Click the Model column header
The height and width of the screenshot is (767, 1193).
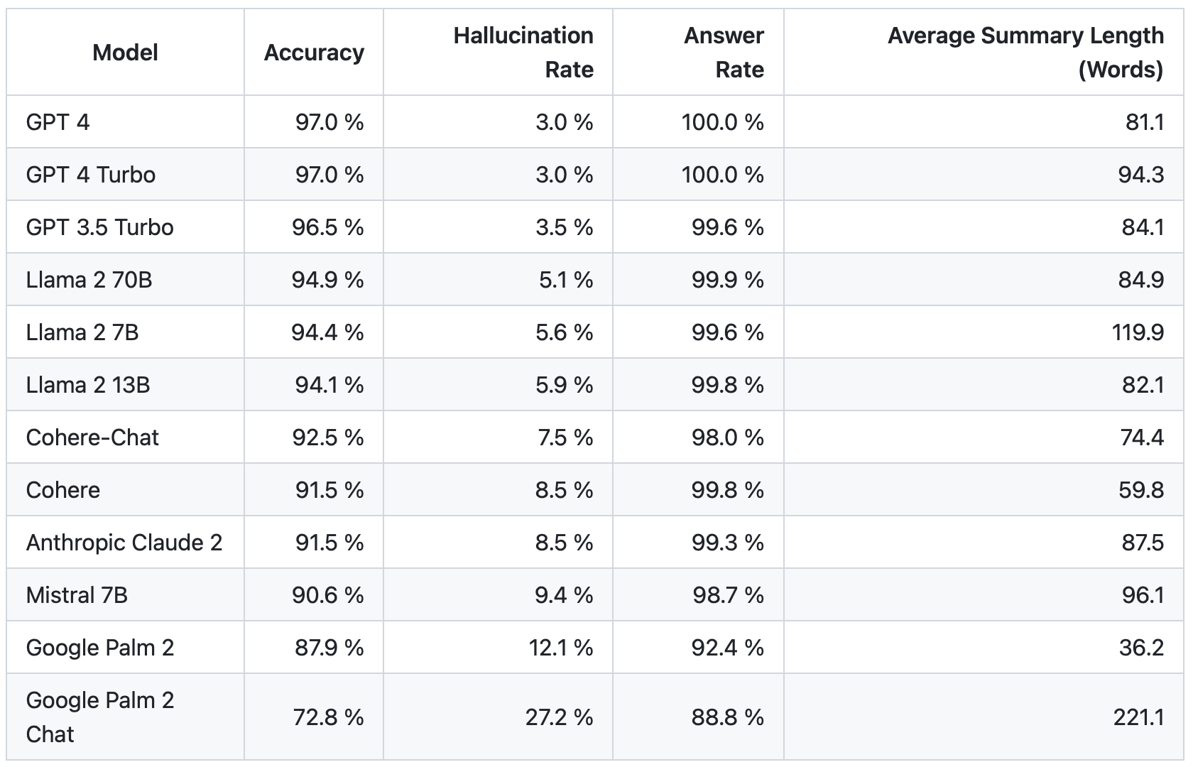pyautogui.click(x=125, y=53)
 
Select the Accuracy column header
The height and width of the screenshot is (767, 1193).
pyautogui.click(x=314, y=53)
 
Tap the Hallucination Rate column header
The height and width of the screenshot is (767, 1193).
pyautogui.click(x=523, y=53)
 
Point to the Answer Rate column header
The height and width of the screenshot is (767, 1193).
pyautogui.click(x=724, y=53)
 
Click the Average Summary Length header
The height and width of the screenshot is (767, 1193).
pyautogui.click(x=1025, y=53)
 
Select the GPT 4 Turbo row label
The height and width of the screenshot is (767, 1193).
pyautogui.click(x=90, y=175)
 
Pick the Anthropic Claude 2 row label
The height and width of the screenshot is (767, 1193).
pyautogui.click(x=124, y=543)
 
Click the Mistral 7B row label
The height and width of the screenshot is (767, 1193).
pyautogui.click(x=77, y=595)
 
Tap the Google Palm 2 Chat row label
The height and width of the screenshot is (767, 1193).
pyautogui.click(x=99, y=717)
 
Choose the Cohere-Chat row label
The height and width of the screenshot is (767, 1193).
pyautogui.click(x=92, y=437)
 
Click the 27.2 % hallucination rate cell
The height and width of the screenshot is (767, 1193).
pyautogui.click(x=559, y=717)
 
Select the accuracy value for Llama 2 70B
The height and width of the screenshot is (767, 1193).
pyautogui.click(x=327, y=280)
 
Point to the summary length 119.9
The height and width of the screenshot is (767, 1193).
pyautogui.click(x=1138, y=332)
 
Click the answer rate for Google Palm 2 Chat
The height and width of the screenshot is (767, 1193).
pyautogui.click(x=727, y=717)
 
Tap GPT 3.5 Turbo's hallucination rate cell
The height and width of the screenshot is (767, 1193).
pyautogui.click(x=564, y=227)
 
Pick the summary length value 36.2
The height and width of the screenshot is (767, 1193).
pyautogui.click(x=1141, y=648)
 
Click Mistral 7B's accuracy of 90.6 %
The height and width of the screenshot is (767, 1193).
pyautogui.click(x=327, y=595)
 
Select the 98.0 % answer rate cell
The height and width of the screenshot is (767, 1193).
pyautogui.click(x=727, y=437)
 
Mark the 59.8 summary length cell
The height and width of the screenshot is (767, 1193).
pyautogui.click(x=1141, y=490)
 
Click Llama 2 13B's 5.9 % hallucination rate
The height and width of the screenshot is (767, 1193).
pyautogui.click(x=564, y=385)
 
